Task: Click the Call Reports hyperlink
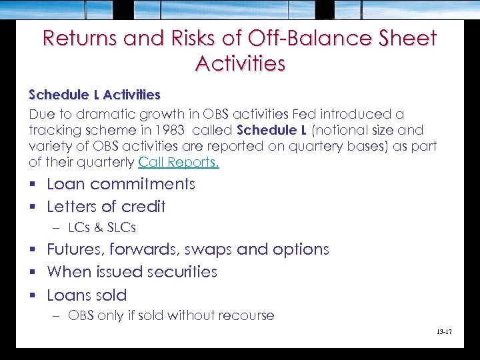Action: (179, 163)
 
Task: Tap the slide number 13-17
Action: (443, 331)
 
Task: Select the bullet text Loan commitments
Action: (121, 184)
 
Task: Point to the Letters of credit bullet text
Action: (106, 207)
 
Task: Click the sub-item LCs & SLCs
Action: (102, 228)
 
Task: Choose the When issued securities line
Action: (132, 272)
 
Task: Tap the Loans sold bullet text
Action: (87, 295)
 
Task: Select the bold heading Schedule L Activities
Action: (95, 95)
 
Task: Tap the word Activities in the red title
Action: (240, 63)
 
